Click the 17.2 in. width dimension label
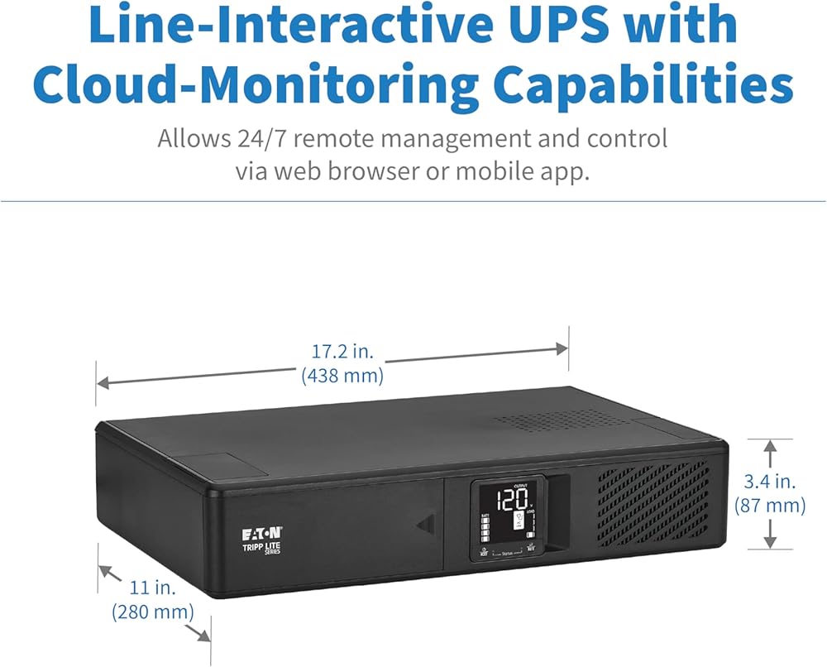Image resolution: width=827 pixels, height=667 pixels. point(340,352)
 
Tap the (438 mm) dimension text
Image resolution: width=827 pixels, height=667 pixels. point(342,376)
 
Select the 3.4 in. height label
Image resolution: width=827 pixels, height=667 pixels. point(770,481)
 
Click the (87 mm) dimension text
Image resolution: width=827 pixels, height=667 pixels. point(770,505)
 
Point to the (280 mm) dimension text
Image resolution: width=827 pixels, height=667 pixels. point(153,612)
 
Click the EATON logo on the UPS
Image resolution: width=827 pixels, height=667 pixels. point(260,532)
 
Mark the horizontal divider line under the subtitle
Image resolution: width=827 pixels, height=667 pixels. point(413,201)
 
